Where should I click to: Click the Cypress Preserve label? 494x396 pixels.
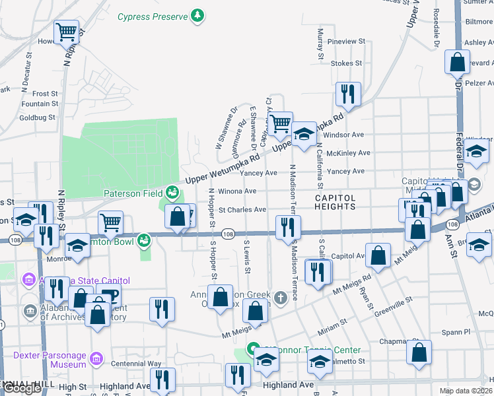coord(153,16)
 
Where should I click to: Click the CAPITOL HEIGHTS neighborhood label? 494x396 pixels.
coord(335,202)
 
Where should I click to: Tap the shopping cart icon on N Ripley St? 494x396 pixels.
coord(66,31)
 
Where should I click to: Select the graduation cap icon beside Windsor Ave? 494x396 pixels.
coord(304,133)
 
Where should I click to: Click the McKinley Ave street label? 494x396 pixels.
coord(349,153)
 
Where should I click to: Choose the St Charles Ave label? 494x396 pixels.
coord(242,210)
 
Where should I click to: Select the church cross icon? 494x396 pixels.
coord(281,298)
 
